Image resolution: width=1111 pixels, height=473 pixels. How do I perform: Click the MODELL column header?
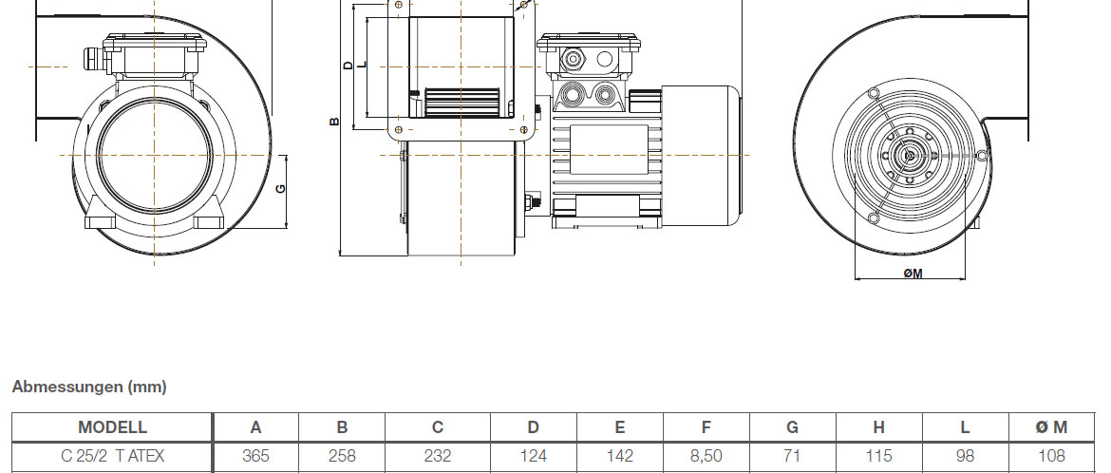112,427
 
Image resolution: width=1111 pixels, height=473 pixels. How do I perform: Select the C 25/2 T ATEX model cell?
112,456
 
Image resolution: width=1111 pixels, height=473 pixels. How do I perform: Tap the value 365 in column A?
255,456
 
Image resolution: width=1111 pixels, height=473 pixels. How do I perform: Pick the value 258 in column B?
342,456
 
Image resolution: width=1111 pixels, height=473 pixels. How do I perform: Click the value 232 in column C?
438,456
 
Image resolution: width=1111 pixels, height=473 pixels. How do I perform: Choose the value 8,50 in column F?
706,456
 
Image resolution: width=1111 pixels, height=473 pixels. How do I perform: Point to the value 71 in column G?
792,456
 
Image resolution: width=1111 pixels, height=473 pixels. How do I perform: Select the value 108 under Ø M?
1051,456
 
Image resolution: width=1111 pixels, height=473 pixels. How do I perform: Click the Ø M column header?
1051,427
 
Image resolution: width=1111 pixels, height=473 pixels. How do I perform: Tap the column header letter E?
619,427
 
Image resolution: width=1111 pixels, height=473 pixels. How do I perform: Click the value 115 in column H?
878,456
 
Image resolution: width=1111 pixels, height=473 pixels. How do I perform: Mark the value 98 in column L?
965,456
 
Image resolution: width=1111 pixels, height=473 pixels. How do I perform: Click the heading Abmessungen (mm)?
89,387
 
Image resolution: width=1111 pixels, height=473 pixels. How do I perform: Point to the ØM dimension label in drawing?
913,274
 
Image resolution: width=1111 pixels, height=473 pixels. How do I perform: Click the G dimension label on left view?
280,189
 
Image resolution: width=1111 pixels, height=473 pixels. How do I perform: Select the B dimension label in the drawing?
333,122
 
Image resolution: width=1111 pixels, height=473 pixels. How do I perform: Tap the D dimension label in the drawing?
348,66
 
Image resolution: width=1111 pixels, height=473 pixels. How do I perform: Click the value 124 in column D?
533,456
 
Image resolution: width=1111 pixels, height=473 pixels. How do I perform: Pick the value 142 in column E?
619,456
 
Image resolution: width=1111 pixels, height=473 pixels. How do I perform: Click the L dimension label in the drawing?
362,66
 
